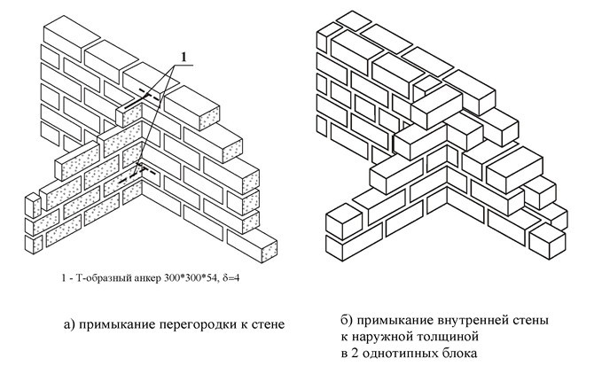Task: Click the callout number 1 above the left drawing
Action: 184,57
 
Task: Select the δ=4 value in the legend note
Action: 230,278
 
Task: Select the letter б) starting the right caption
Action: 347,320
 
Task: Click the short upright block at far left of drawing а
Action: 33,206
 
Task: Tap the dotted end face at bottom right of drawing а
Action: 269,252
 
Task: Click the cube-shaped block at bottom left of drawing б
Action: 344,221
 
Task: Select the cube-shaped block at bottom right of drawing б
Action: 547,240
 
